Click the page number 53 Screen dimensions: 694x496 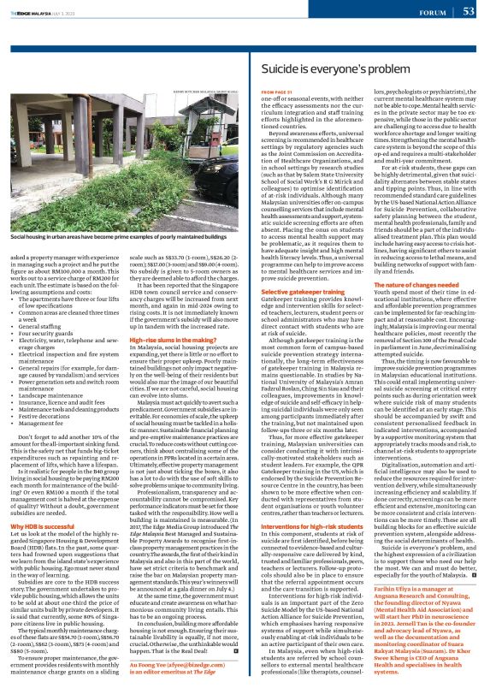[x=469, y=11]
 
